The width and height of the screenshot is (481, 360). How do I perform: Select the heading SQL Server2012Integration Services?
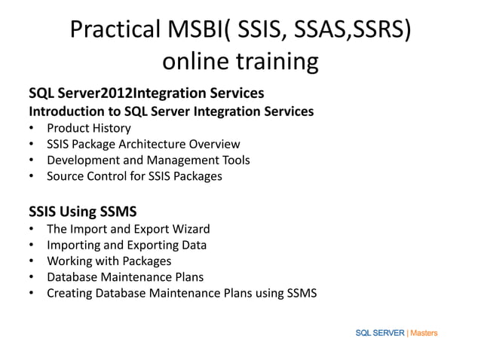pyautogui.click(x=146, y=93)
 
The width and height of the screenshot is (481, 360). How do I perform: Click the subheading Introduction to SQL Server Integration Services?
pyautogui.click(x=171, y=111)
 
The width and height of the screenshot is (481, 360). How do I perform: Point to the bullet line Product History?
pyautogui.click(x=89, y=128)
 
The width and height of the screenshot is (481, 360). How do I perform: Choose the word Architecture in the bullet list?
pyautogui.click(x=156, y=145)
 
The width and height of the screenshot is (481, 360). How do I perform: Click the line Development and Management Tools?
pyautogui.click(x=149, y=160)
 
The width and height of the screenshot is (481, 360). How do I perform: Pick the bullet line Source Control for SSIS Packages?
pyautogui.click(x=135, y=177)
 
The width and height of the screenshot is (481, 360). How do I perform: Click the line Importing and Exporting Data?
pyautogui.click(x=127, y=245)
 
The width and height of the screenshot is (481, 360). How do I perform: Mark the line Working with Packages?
pyautogui.click(x=109, y=261)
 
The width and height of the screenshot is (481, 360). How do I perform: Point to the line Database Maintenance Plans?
pyautogui.click(x=125, y=277)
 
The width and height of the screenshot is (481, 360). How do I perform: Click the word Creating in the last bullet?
pyautogui.click(x=69, y=294)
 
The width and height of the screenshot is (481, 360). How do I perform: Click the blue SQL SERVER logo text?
pyautogui.click(x=380, y=332)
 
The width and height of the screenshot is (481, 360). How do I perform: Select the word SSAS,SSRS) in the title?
pyautogui.click(x=355, y=30)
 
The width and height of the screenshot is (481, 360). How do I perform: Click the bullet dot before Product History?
pyautogui.click(x=31, y=128)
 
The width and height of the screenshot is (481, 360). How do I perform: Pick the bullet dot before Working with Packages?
pyautogui.click(x=31, y=261)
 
